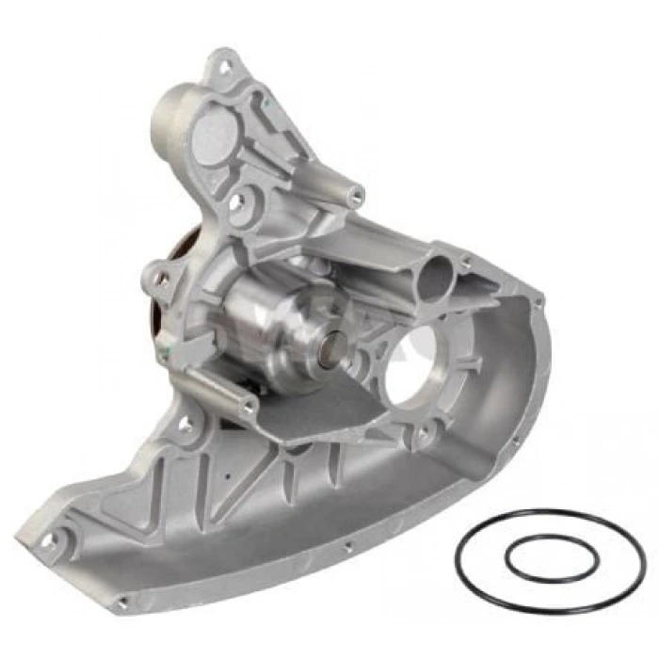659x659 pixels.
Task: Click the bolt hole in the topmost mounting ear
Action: pyautogui.click(x=225, y=67)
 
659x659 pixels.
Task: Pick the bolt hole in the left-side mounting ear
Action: pyautogui.click(x=162, y=279)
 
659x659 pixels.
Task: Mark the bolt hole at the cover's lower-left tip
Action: pyautogui.click(x=47, y=541)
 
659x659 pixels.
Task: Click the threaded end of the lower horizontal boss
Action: pyautogui.click(x=249, y=408)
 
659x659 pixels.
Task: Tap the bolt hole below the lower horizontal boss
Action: pyautogui.click(x=185, y=426)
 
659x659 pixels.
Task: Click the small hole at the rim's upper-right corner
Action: pyautogui.click(x=538, y=301)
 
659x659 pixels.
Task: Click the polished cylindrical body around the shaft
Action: pyautogui.click(x=273, y=320)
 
